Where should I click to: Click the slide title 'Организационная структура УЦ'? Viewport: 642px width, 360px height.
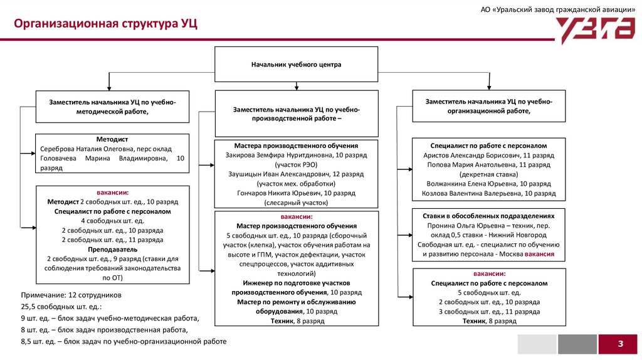tap(106, 24)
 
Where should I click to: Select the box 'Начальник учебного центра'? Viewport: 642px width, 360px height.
tap(297, 64)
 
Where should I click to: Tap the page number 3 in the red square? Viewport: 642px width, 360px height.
tap(620, 344)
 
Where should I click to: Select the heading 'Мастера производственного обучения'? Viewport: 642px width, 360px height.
tap(296, 145)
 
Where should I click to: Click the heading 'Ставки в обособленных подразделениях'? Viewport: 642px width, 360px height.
tap(488, 215)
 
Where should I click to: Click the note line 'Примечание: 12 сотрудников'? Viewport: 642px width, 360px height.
tap(71, 294)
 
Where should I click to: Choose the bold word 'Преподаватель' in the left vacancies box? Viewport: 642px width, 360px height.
tap(112, 249)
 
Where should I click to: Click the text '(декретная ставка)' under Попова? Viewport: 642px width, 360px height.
tap(488, 174)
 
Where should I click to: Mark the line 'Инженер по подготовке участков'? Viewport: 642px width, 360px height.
tap(296, 283)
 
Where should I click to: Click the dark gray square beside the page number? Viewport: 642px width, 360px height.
tap(577, 344)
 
